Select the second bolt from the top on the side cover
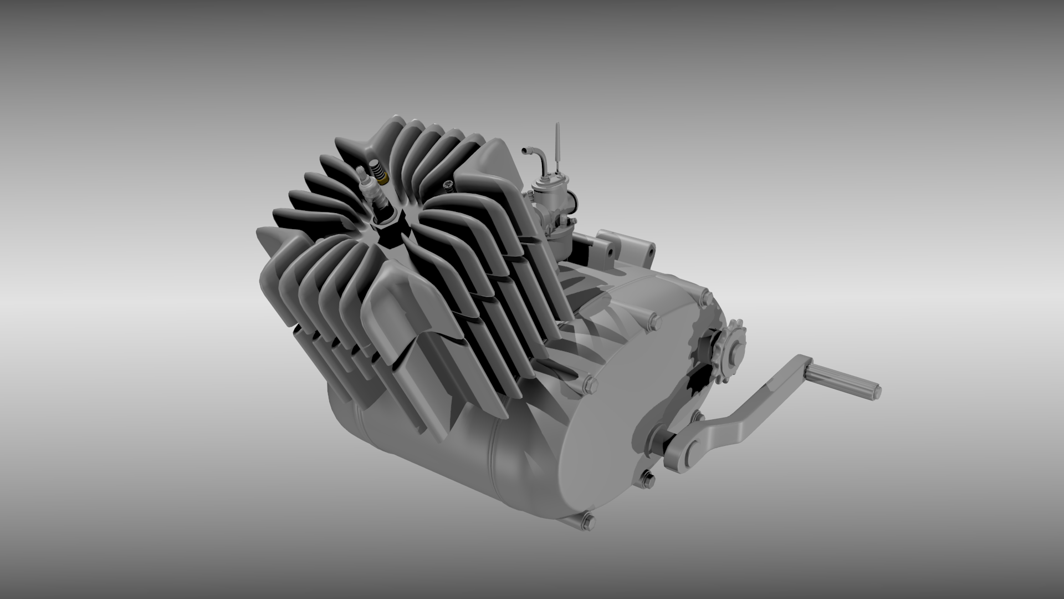(653, 320)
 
